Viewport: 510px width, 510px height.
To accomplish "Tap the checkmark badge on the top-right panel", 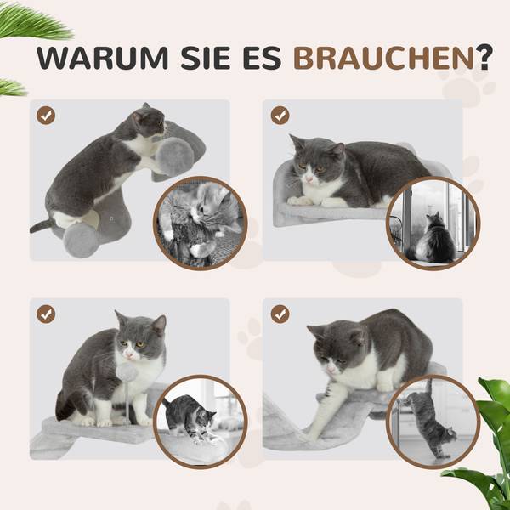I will (x=280, y=115).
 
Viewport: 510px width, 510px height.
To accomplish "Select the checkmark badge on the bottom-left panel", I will (x=47, y=314).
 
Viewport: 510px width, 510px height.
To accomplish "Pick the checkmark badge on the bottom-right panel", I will (x=280, y=314).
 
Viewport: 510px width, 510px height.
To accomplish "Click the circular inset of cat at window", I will (x=432, y=223).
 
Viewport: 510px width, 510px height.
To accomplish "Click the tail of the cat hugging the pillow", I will (x=40, y=225).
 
